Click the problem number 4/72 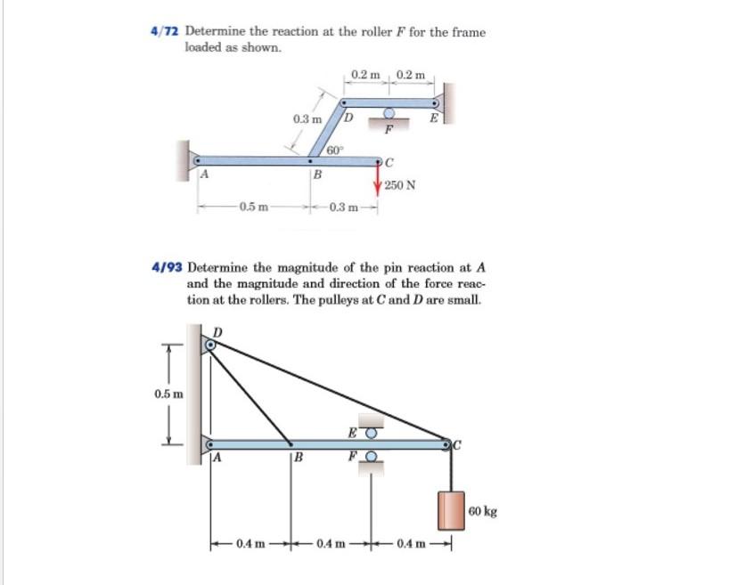click(165, 32)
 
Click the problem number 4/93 click(168, 266)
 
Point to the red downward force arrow click(381, 178)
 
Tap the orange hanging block click(451, 511)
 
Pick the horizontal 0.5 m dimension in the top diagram click(252, 208)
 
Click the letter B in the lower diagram click(299, 460)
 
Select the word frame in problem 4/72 click(469, 32)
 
